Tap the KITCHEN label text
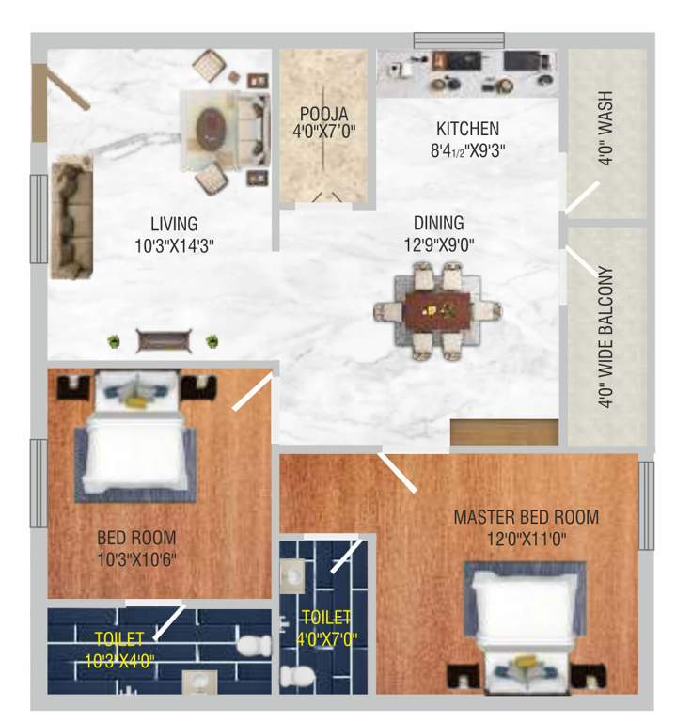click(x=467, y=129)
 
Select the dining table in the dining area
click(x=437, y=310)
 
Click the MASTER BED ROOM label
click(x=526, y=517)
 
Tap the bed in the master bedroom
click(x=526, y=611)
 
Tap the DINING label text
click(x=438, y=223)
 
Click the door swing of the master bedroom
click(x=398, y=473)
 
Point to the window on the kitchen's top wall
click(x=459, y=39)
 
